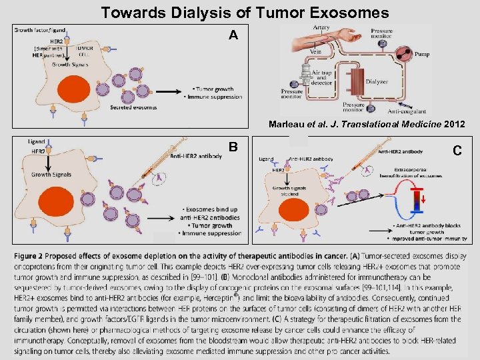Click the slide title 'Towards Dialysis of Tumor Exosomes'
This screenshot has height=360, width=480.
pos(245,12)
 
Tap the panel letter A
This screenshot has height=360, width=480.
pos(233,35)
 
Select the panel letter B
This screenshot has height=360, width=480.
pos(233,147)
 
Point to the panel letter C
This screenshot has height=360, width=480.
pos(457,151)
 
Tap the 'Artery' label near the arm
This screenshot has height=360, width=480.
pos(321,28)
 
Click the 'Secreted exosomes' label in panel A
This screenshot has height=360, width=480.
pos(133,107)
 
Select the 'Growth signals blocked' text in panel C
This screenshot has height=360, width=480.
pos(290,191)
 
